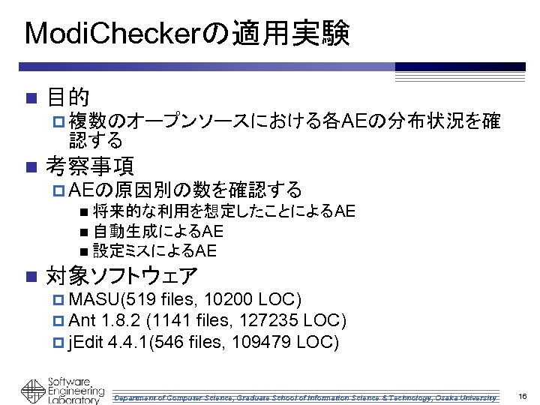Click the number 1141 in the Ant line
175,322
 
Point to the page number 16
522,395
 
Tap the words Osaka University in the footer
469,396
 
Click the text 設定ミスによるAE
154,250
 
